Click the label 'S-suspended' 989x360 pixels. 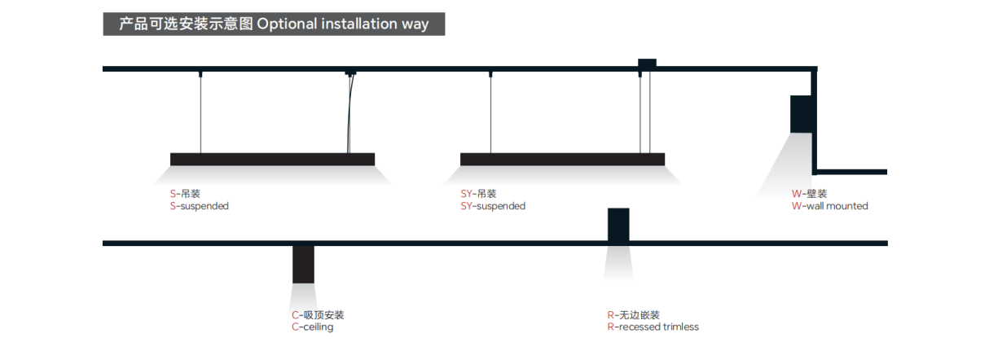click(x=199, y=206)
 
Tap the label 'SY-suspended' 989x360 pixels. click(x=493, y=206)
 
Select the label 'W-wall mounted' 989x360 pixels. click(x=829, y=206)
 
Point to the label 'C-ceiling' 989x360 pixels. click(x=312, y=327)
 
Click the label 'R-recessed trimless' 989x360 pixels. click(x=653, y=327)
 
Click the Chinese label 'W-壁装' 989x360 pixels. click(x=809, y=194)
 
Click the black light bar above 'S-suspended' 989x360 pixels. click(x=272, y=159)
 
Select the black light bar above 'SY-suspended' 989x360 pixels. click(x=562, y=159)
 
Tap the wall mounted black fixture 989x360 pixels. click(x=801, y=113)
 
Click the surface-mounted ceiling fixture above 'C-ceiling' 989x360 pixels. click(x=303, y=264)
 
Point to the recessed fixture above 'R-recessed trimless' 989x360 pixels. click(x=618, y=225)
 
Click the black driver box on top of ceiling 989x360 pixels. click(x=647, y=63)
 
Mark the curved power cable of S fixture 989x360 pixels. click(x=351, y=114)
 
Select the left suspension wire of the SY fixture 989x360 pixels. click(x=490, y=114)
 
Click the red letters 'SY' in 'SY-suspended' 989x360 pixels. click(x=466, y=206)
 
